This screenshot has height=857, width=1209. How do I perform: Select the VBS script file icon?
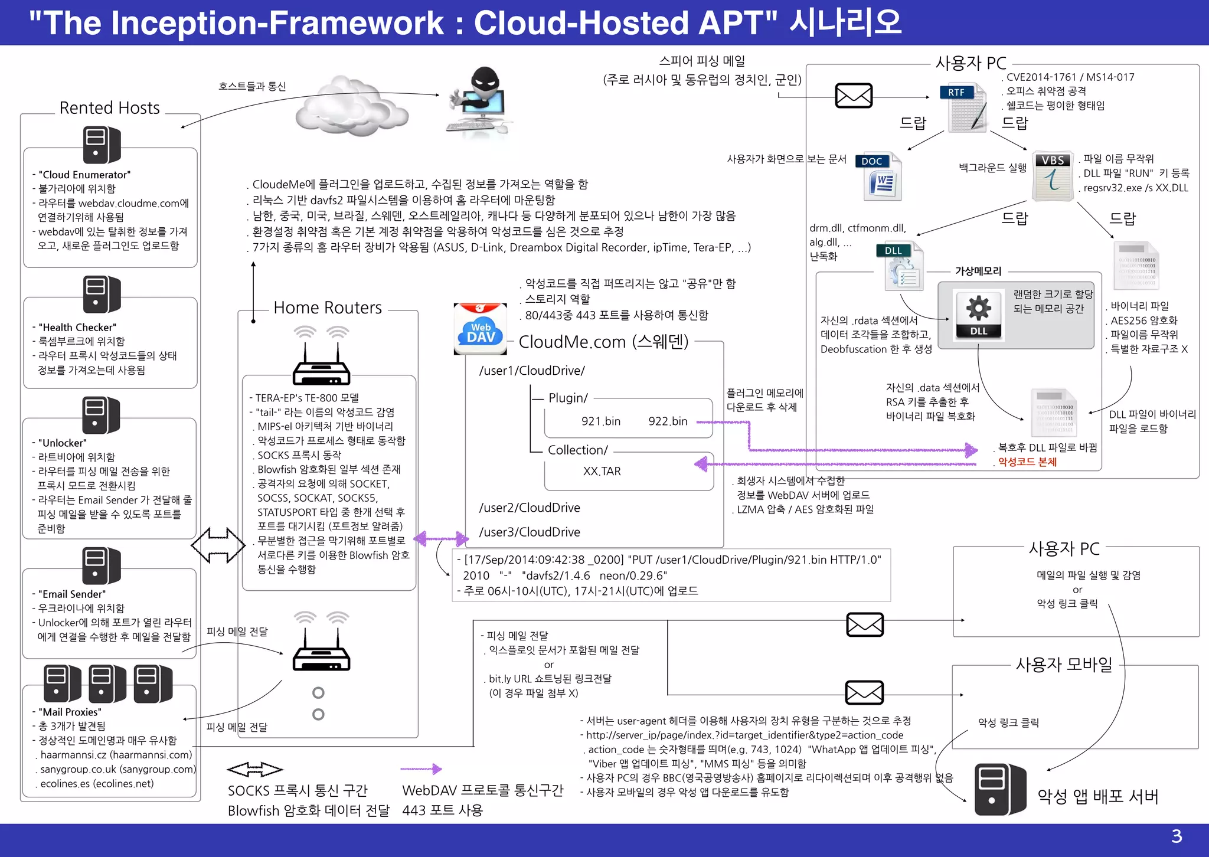[1053, 176]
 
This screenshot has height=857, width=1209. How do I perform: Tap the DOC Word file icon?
[880, 176]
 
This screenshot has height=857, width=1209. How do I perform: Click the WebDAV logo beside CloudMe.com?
[480, 329]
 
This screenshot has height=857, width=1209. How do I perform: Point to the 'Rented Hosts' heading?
[110, 108]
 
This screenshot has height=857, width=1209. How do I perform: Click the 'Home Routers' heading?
[328, 308]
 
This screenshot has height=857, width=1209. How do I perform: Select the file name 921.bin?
[600, 421]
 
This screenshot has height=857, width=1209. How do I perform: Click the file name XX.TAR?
[602, 471]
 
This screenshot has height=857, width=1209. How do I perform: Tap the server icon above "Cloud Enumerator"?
[101, 145]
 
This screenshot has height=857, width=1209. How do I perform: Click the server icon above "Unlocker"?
[101, 415]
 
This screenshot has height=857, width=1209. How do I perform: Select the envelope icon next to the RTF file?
[854, 96]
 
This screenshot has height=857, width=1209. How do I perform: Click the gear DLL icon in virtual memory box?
[978, 315]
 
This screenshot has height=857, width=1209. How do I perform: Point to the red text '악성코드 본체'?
[1027, 462]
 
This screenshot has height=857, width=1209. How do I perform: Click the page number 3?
[1176, 836]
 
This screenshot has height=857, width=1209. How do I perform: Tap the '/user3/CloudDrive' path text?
[530, 532]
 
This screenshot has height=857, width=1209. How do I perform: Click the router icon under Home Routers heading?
[321, 356]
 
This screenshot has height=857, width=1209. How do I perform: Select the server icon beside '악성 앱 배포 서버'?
[1000, 790]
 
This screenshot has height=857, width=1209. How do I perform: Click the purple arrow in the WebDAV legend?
[421, 768]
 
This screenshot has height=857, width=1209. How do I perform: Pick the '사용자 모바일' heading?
[1064, 665]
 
